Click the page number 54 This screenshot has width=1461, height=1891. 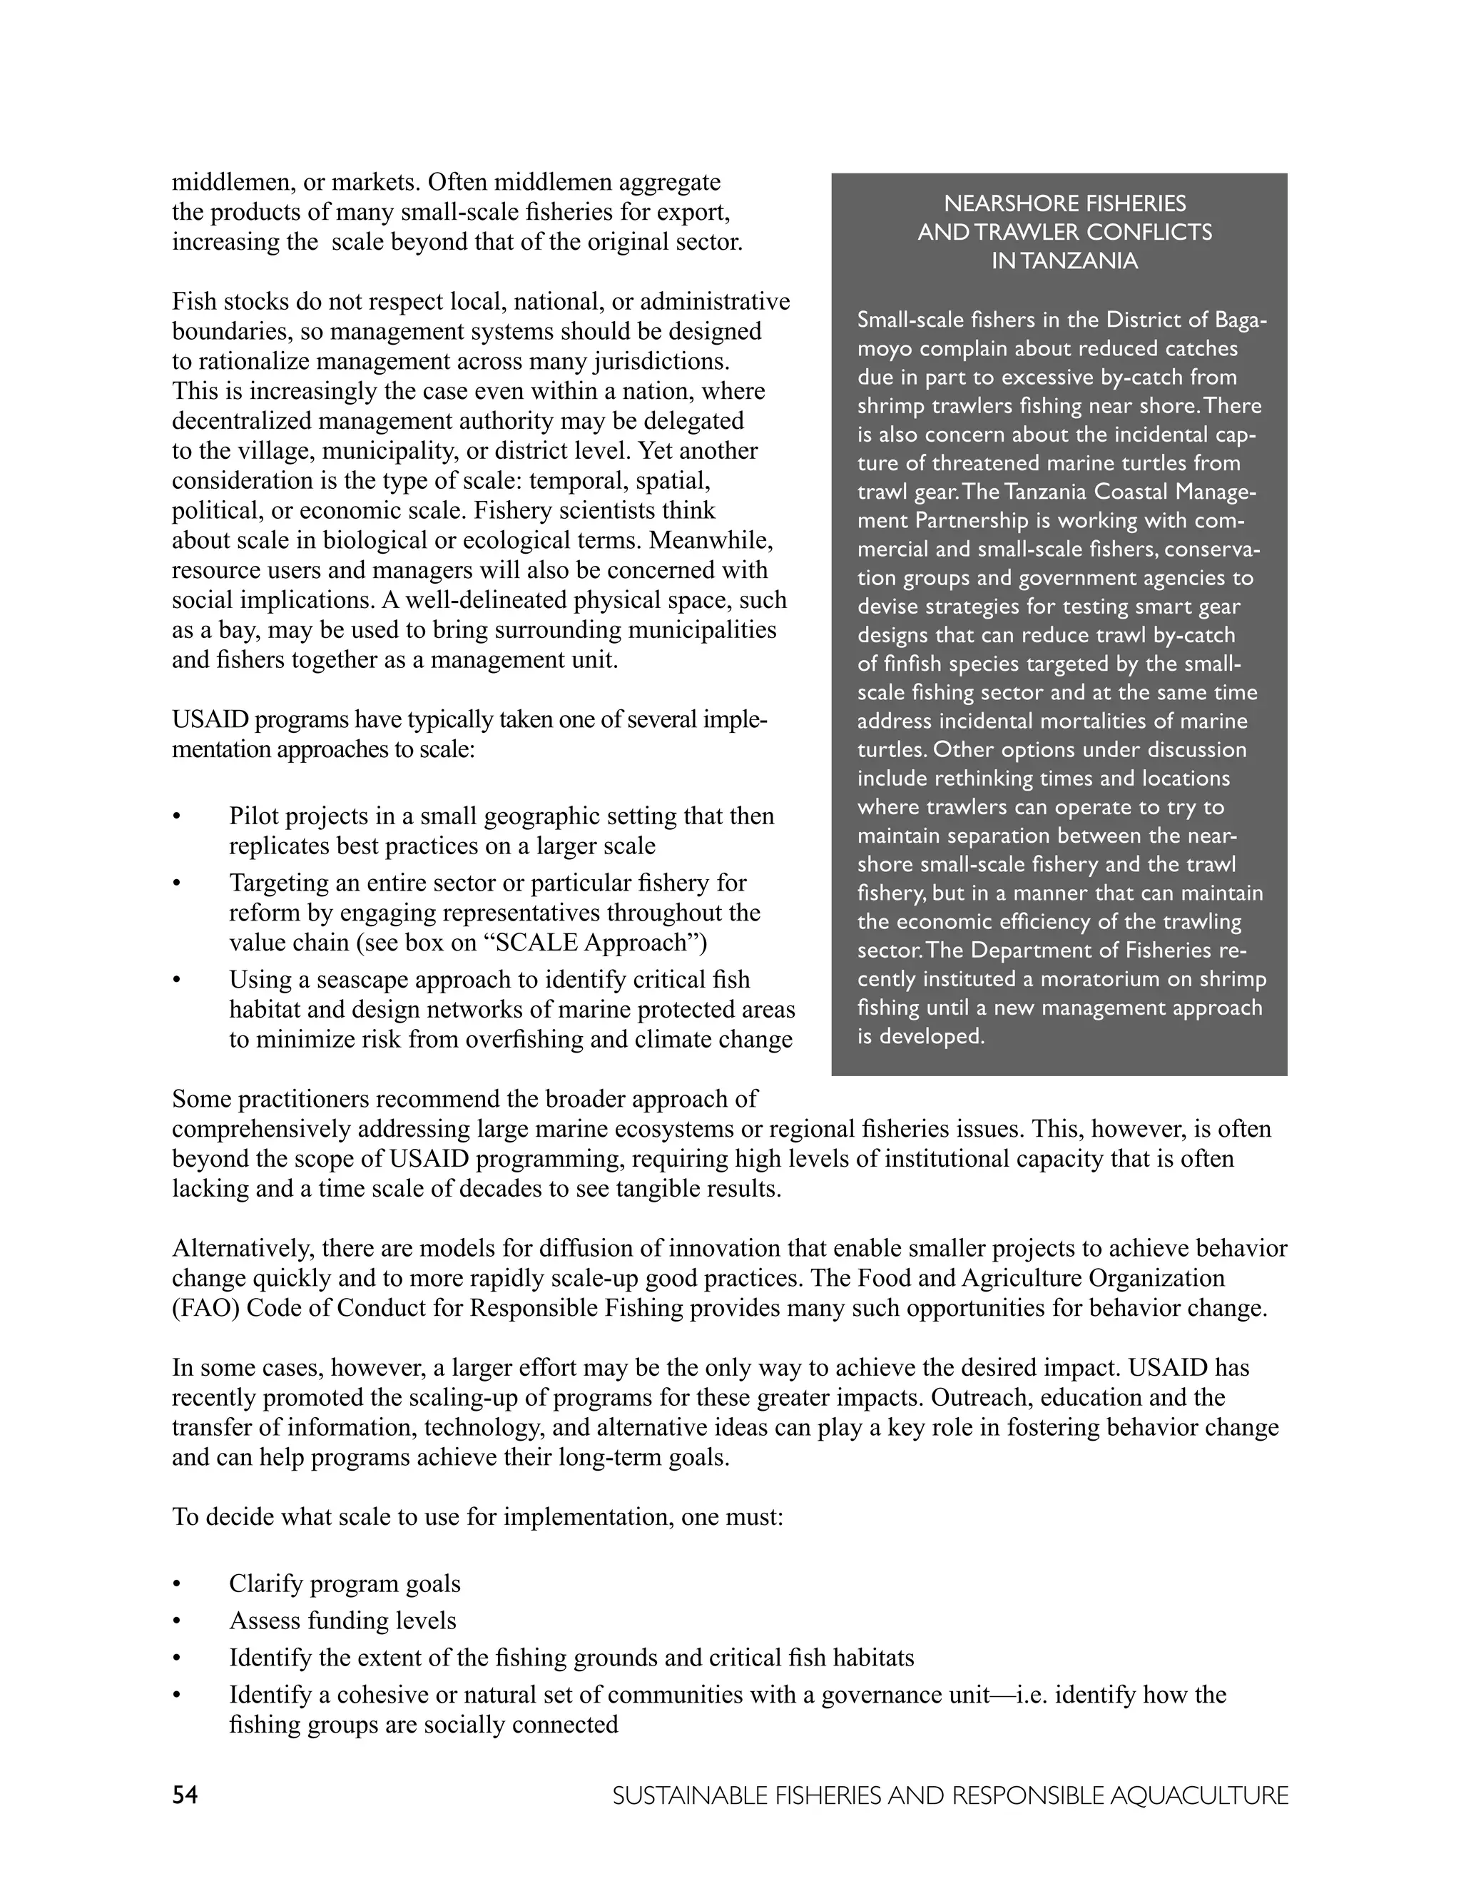[x=185, y=1795]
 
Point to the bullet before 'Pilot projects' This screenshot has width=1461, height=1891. [x=178, y=817]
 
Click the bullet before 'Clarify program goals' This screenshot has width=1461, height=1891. [x=178, y=1584]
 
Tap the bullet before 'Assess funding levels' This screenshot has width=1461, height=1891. [x=178, y=1621]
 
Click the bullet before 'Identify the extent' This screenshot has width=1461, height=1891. [x=178, y=1658]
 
